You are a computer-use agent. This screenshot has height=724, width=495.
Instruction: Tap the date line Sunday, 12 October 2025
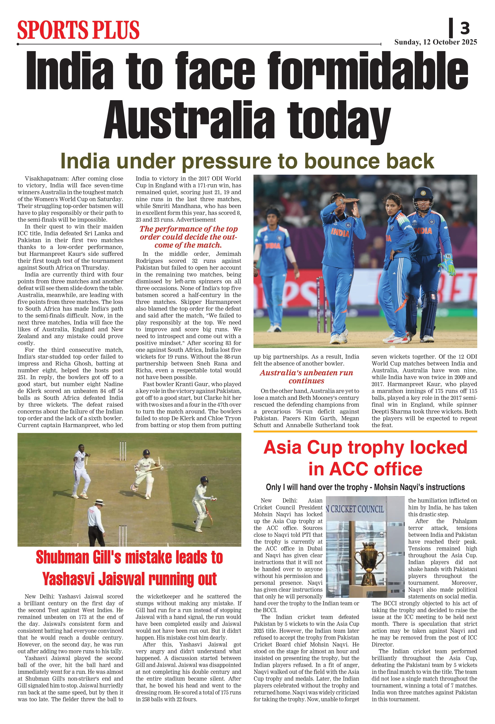[436, 42]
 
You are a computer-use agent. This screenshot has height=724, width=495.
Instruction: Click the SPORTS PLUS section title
[78, 30]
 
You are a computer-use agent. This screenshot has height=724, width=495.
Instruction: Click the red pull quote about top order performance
[188, 237]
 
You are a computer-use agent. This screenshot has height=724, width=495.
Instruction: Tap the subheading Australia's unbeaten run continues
[306, 377]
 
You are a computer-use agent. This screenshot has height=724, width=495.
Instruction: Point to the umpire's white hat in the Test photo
[99, 501]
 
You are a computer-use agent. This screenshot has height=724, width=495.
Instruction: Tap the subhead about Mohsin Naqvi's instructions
[365, 487]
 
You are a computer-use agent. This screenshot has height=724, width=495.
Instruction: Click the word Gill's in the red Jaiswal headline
[100, 557]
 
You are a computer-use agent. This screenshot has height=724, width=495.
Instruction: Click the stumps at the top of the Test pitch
[123, 450]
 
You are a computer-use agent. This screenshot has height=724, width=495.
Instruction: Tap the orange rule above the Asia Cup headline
[365, 431]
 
